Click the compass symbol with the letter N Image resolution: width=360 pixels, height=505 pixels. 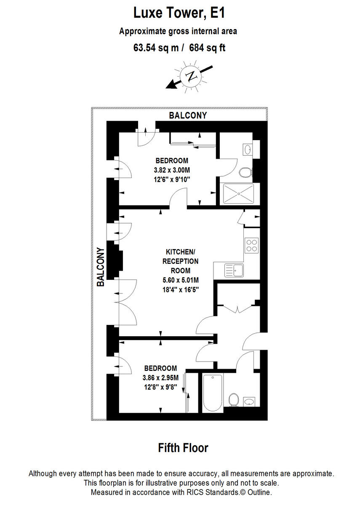point(192,76)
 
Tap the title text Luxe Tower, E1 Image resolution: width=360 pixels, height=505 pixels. point(179,13)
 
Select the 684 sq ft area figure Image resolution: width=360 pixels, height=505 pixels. point(208,48)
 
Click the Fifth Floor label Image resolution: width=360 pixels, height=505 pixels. point(183,448)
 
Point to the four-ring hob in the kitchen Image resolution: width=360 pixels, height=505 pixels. point(252,245)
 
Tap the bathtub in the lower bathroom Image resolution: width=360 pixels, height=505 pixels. point(212,393)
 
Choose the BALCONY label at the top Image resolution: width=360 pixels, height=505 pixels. point(188,115)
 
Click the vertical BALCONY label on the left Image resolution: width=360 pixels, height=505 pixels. point(101,267)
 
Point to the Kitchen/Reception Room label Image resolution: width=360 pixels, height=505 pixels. point(180,261)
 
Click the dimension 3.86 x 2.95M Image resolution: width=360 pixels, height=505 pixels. point(160,377)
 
